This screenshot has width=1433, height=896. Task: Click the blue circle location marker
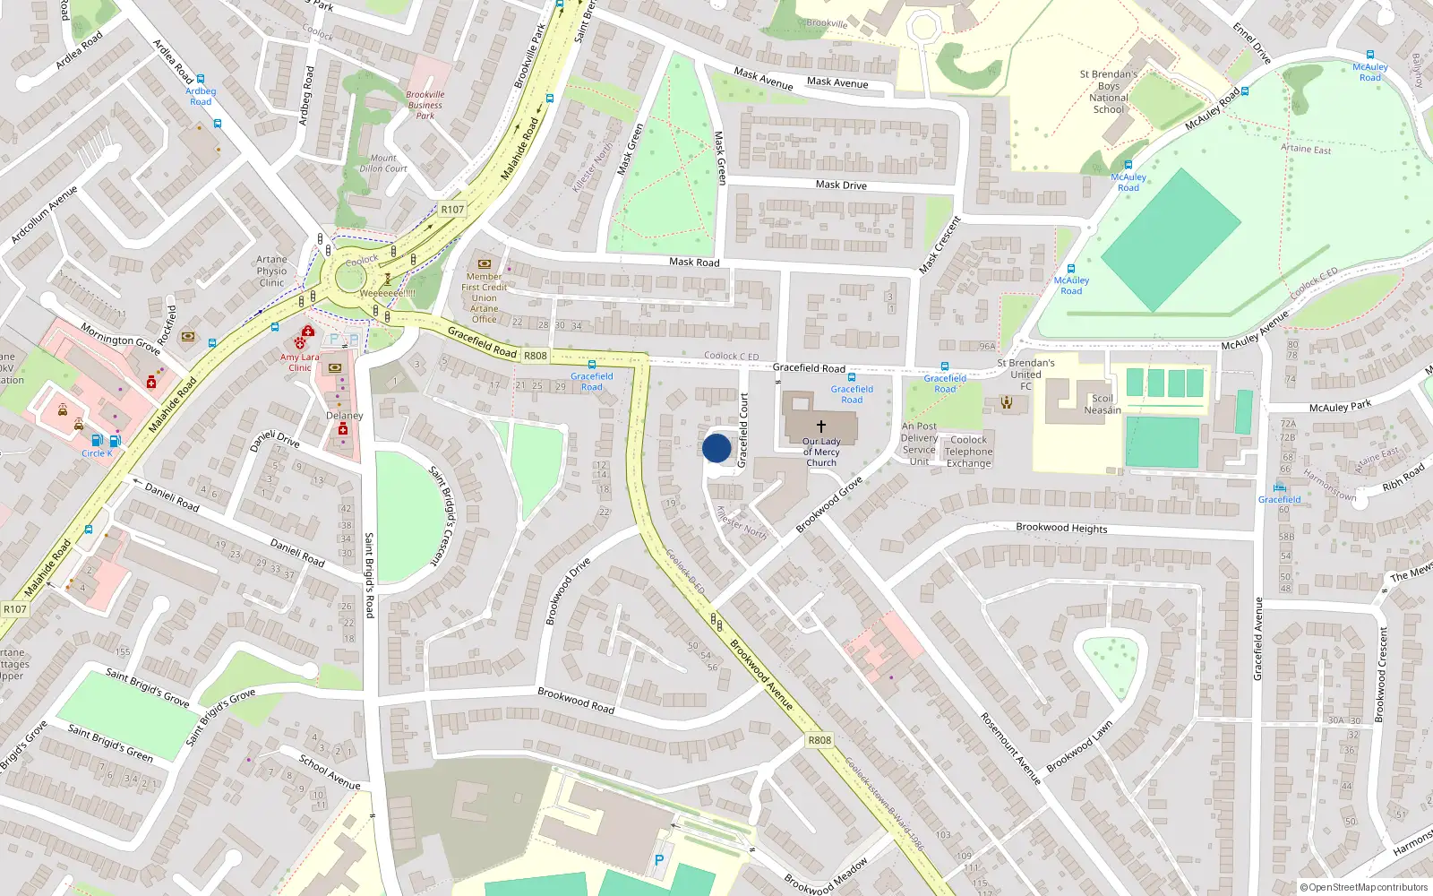(716, 448)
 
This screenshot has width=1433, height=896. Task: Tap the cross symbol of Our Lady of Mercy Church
(820, 426)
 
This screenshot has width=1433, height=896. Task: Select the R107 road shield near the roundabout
(452, 210)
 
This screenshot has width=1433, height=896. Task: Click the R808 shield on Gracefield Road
(535, 356)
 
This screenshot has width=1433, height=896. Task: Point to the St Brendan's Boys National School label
(1108, 92)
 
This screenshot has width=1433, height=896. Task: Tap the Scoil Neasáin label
(1103, 404)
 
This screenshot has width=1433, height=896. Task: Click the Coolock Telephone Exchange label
(968, 452)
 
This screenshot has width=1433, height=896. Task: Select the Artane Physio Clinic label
(271, 271)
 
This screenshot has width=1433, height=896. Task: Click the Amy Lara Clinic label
(299, 362)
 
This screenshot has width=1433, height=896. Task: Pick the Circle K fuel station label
(97, 453)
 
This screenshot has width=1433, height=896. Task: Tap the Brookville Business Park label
(425, 105)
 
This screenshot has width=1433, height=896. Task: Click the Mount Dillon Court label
(383, 163)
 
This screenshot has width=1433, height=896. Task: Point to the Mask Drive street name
(841, 185)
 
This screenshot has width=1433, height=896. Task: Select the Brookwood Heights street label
(1061, 528)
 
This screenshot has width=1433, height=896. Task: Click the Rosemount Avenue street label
(1009, 748)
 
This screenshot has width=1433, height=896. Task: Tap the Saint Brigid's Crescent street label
(442, 515)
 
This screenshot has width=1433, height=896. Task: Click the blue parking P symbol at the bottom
(659, 860)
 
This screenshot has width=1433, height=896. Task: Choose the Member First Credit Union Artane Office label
(485, 297)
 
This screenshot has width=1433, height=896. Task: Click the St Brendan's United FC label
(1025, 375)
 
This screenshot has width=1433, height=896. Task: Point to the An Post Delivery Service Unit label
(919, 444)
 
